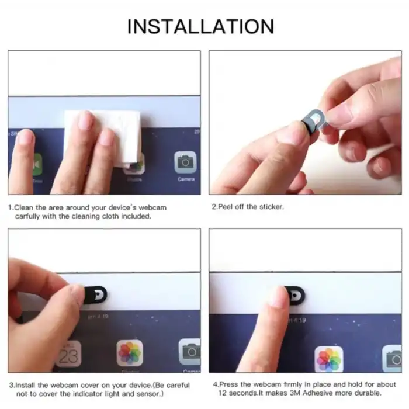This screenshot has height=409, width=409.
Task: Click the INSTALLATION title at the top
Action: (x=200, y=26)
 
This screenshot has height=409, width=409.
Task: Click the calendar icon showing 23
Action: (x=68, y=353)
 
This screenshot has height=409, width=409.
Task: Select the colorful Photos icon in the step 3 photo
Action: (x=130, y=353)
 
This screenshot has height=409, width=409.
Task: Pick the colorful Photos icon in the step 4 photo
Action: (x=329, y=359)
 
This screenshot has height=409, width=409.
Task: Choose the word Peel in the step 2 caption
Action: (x=226, y=207)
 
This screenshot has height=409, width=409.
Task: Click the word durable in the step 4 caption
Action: (x=367, y=393)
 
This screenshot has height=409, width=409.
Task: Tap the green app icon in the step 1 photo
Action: (x=37, y=164)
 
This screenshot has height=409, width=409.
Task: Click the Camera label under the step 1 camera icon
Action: (x=185, y=179)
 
